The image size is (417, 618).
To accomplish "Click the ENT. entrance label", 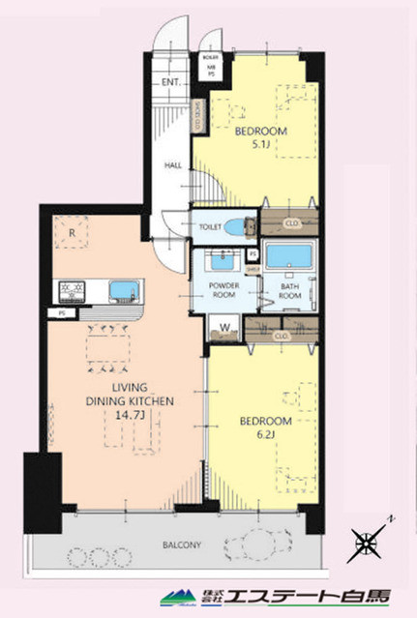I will tap(171, 81).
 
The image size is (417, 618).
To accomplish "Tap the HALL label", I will tap(173, 165).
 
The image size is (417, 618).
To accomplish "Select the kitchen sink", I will tap(125, 291).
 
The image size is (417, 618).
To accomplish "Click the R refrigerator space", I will tap(72, 232).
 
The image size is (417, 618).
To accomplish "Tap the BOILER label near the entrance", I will tap(210, 58).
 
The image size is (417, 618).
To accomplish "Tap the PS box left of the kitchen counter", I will tap(62, 313).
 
